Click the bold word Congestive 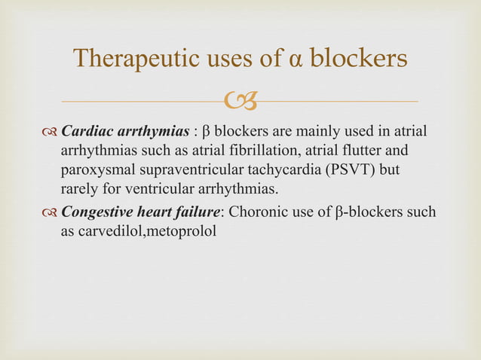click(x=97, y=212)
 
